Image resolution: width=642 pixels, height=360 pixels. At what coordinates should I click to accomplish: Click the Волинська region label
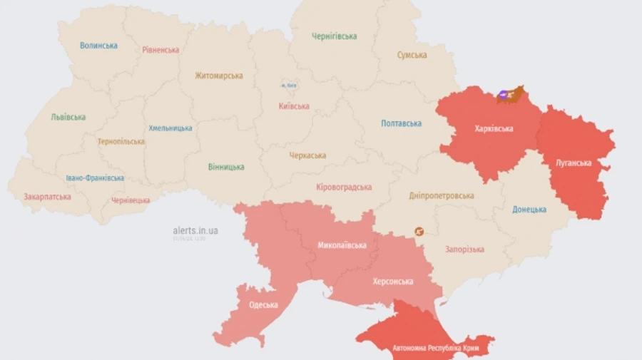click(x=98, y=46)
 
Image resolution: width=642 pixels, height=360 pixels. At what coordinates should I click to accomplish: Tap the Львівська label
click(x=68, y=117)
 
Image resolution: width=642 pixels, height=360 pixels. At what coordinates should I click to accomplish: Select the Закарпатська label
click(x=47, y=197)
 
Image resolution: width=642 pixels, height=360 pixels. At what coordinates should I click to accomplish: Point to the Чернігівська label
click(x=335, y=36)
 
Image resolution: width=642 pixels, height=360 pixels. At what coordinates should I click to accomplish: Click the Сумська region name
click(x=412, y=55)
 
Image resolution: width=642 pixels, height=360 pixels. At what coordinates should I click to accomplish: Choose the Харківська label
click(x=494, y=129)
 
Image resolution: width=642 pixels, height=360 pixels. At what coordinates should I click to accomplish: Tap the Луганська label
click(x=574, y=163)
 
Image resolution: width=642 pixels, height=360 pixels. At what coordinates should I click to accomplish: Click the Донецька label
click(x=529, y=210)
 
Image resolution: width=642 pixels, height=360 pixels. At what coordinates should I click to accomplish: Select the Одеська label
click(x=263, y=305)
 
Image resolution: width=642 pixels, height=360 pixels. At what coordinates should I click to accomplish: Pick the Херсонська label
click(x=392, y=282)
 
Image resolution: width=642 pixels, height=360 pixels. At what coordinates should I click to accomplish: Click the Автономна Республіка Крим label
click(x=434, y=349)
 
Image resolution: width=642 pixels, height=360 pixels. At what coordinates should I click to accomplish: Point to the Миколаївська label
click(x=342, y=245)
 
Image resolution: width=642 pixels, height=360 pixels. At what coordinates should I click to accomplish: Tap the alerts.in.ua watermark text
click(x=195, y=230)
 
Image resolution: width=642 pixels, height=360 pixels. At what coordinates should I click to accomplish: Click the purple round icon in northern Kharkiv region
click(x=503, y=93)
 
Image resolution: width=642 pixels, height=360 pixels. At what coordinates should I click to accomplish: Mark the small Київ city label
click(x=288, y=86)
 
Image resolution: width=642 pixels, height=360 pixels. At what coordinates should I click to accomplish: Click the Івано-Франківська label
click(x=95, y=178)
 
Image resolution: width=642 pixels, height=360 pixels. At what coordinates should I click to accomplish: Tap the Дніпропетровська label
click(x=442, y=195)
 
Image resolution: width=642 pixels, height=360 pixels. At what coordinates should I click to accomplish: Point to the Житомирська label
click(x=219, y=76)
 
